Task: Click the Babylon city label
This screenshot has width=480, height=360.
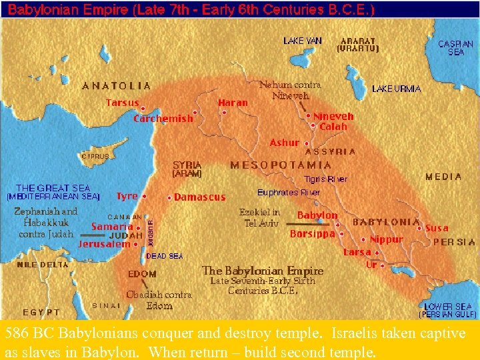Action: (x=317, y=215)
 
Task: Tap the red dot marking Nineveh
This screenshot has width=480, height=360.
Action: (x=309, y=115)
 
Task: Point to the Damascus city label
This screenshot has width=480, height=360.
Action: (x=200, y=197)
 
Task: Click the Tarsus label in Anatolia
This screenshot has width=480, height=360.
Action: (x=123, y=103)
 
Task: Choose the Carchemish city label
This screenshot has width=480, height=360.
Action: (x=163, y=119)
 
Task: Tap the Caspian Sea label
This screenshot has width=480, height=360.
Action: (x=456, y=47)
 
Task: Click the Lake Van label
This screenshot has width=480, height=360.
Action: (x=302, y=41)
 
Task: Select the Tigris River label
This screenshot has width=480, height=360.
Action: (x=325, y=179)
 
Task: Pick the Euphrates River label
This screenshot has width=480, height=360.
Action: (x=289, y=192)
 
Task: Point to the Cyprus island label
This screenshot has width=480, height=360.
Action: (x=95, y=156)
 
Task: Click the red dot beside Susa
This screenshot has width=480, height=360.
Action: (x=419, y=228)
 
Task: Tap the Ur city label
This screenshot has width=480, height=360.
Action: (x=372, y=265)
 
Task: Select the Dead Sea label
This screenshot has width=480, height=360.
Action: (x=164, y=256)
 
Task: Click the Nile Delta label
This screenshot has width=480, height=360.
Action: (x=43, y=265)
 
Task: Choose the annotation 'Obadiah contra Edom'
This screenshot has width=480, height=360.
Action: (x=159, y=300)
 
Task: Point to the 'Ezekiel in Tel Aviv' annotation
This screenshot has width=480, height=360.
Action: (x=261, y=217)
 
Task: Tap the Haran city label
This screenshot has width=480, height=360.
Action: (x=233, y=103)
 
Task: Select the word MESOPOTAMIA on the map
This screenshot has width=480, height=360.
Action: (x=281, y=165)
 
